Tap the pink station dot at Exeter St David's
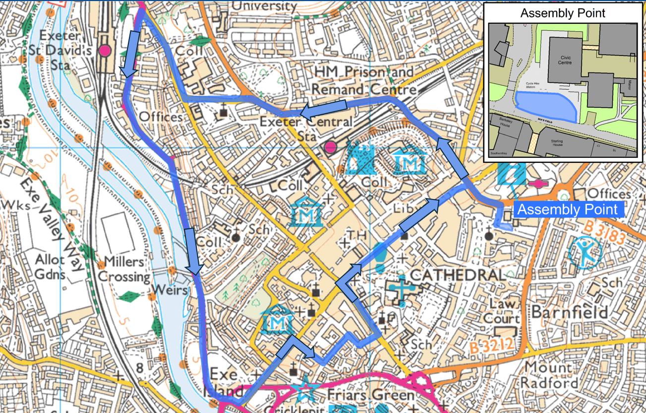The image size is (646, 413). click(x=105, y=50)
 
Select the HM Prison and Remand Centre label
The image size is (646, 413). click(x=364, y=81)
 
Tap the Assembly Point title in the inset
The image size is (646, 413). click(x=563, y=13)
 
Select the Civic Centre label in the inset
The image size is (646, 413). click(x=565, y=61)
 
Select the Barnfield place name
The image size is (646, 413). click(x=570, y=312)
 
